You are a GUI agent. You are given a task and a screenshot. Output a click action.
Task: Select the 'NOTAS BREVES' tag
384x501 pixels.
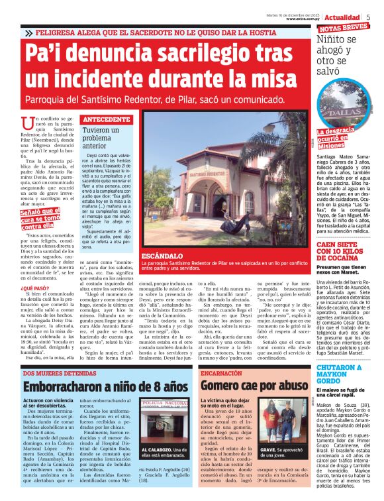344,28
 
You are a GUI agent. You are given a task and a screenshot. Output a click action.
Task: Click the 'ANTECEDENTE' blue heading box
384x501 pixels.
107,119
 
